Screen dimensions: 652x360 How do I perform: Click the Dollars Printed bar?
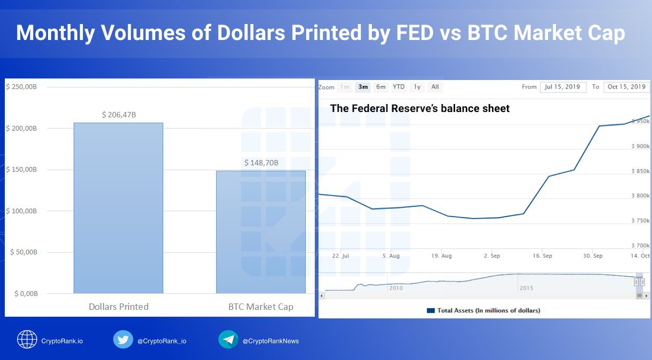coord(118,208)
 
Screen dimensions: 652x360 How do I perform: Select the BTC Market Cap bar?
coord(261,232)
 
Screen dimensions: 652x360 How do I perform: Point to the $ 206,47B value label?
coord(119,115)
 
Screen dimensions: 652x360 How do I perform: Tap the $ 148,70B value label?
coord(261,163)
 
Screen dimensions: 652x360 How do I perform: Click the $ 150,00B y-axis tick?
coord(21,170)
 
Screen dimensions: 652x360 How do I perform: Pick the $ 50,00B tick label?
coord(23,252)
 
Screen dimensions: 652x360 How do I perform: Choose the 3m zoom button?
coord(363,87)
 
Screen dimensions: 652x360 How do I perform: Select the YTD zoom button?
coord(399,87)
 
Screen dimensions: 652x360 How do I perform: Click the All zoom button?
coord(435,87)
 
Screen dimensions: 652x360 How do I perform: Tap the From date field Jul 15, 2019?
coord(563,87)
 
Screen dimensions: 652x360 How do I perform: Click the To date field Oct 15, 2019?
coord(627,87)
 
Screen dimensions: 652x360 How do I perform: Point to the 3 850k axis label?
coord(640,171)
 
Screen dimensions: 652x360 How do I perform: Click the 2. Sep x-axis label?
coord(491,256)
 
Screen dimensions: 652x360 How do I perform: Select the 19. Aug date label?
coord(441,256)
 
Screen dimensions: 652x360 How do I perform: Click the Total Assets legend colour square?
coord(431,310)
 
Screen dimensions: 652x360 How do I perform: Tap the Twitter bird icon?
coord(123,339)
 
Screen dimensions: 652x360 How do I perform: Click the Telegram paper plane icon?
coord(228,339)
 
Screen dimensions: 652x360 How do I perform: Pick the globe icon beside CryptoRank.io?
coord(27,339)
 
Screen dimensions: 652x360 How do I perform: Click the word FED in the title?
coord(415,33)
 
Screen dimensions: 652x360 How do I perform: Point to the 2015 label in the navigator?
coord(526,288)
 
